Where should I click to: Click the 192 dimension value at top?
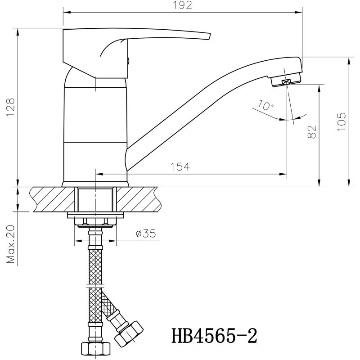(x=182, y=5)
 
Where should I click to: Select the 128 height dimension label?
(x=10, y=108)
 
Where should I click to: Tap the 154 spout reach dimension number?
(x=180, y=166)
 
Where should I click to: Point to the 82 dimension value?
(x=312, y=132)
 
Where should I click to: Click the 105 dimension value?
(x=342, y=121)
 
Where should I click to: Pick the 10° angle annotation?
(x=265, y=105)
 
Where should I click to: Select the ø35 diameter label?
(x=146, y=234)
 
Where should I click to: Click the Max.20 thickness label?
(x=10, y=244)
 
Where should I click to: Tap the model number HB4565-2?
(x=214, y=336)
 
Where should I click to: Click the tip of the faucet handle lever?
(x=210, y=37)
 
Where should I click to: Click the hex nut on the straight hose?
(x=95, y=349)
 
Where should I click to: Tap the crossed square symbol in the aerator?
(x=287, y=82)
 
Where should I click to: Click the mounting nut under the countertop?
(x=95, y=221)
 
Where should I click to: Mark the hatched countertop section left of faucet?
(x=53, y=199)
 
